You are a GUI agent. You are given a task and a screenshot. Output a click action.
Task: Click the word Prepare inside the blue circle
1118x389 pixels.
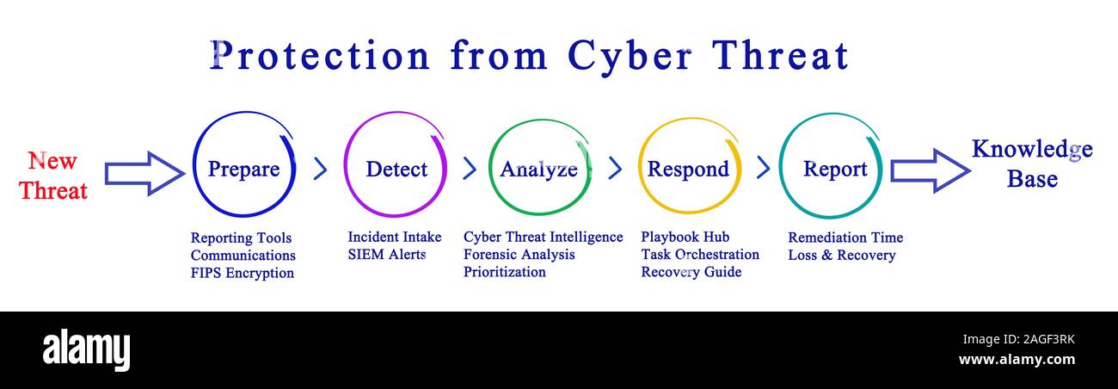(243, 169)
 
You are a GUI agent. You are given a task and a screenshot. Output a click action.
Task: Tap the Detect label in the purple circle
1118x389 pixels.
(396, 169)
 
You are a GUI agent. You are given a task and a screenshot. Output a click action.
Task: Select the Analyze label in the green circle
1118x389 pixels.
(538, 169)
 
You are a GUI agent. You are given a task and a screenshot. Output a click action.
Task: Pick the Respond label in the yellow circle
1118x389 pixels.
(688, 169)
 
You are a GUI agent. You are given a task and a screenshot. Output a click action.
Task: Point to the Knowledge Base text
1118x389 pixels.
(1032, 164)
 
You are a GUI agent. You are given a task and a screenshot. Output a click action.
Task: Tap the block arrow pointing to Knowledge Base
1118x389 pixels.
(930, 170)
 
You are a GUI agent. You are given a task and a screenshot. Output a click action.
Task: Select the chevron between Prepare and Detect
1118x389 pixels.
(320, 169)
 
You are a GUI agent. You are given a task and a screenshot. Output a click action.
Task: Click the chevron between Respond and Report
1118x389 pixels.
(762, 169)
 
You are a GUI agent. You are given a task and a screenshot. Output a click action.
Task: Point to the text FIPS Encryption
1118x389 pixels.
(243, 274)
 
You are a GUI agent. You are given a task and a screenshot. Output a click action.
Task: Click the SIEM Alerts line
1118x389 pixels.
(387, 255)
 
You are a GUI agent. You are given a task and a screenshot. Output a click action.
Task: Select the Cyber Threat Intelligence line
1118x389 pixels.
(543, 237)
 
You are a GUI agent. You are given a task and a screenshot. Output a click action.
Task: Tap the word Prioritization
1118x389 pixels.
(505, 272)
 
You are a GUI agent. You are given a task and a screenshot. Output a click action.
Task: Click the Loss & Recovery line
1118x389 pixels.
(841, 256)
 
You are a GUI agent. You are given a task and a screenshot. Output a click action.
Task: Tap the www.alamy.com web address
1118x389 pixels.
(1017, 360)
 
